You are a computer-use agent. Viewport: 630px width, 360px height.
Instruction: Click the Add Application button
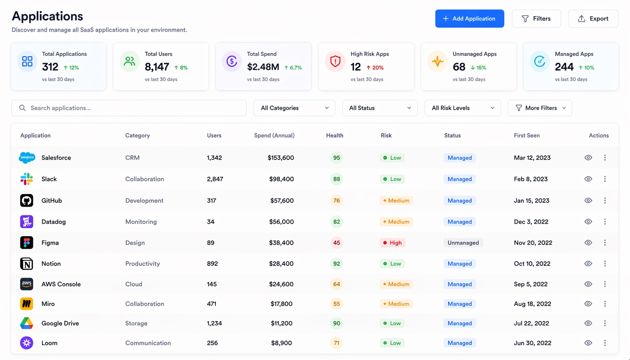[469, 19]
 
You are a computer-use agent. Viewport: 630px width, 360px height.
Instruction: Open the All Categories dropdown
[294, 108]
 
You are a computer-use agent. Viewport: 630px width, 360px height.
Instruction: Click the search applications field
[129, 108]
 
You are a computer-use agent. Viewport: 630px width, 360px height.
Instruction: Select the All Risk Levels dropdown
[463, 108]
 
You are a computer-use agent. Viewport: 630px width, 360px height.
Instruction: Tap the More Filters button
[540, 108]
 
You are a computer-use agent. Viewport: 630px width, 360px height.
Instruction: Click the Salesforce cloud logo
[27, 158]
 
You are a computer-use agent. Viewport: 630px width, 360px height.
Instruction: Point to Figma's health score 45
[336, 243]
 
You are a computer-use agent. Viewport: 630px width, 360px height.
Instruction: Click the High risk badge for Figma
[392, 243]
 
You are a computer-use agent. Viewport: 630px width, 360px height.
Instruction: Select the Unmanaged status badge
[463, 243]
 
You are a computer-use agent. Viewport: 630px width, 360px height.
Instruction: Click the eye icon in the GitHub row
[588, 201]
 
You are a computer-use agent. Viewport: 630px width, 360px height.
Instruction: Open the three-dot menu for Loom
[605, 343]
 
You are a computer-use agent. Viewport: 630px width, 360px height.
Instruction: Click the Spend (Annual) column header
[274, 136]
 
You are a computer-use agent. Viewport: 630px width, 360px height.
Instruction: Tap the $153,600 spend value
[281, 158]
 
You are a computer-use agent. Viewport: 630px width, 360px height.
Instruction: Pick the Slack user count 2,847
[215, 179]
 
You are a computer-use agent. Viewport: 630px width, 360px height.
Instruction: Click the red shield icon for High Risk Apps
[335, 61]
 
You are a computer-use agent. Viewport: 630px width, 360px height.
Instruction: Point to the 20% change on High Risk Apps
[375, 68]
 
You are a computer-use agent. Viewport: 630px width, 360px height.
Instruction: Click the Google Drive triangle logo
[27, 323]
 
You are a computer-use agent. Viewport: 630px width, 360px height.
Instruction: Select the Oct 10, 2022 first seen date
[532, 264]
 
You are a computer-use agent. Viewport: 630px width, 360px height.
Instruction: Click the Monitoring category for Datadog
[141, 222]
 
